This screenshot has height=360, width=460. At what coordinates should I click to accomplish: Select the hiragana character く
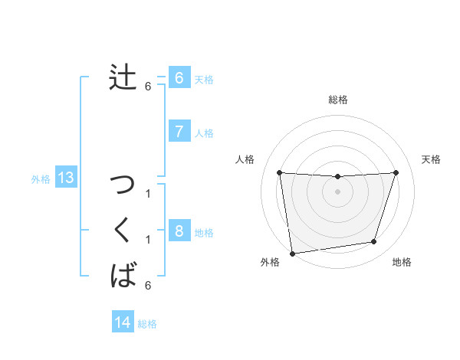click(123, 230)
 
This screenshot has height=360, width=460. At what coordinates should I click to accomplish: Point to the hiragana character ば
click(123, 274)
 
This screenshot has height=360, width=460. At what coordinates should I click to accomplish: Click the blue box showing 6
click(179, 77)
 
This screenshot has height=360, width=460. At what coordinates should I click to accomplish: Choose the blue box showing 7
click(179, 132)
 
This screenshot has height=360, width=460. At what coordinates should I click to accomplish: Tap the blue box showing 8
click(179, 231)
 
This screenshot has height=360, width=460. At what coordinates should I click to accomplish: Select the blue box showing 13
click(66, 178)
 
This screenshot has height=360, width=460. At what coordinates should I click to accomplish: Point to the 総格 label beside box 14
click(147, 324)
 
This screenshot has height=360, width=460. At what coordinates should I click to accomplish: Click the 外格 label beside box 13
click(41, 179)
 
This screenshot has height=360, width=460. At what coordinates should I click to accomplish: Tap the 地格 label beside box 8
click(204, 232)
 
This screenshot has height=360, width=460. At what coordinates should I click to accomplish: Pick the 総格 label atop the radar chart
click(338, 100)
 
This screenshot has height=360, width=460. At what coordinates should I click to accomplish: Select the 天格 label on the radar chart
click(431, 159)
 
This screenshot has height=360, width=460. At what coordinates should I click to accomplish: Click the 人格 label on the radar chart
click(245, 159)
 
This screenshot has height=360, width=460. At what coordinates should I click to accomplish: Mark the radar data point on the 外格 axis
click(292, 253)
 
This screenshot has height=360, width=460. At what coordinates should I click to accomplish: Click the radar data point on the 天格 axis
click(396, 172)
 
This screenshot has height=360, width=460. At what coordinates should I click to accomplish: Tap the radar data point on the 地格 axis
click(374, 242)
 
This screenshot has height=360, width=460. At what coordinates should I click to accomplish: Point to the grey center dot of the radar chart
click(337, 191)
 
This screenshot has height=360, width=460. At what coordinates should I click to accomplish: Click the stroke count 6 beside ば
click(148, 286)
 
